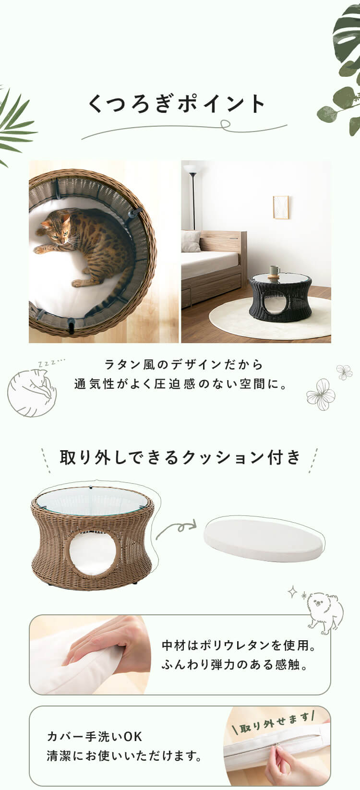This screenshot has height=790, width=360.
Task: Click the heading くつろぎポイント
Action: (177, 104)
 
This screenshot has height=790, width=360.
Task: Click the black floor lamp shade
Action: (191, 169)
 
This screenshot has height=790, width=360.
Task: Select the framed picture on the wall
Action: (280, 207)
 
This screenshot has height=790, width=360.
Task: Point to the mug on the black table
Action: (275, 272)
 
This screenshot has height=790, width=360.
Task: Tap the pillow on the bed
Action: (191, 241)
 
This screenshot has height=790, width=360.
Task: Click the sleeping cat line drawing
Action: (33, 391)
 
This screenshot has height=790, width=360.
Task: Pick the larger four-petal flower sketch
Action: (321, 394)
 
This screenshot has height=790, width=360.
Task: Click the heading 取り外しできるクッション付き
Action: (180, 457)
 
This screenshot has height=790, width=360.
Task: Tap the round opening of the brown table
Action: (93, 553)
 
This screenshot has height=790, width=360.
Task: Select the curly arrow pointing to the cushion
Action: (176, 529)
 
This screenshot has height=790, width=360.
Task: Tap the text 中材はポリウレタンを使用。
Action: (239, 646)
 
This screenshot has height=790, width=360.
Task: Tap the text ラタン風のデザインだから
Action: (184, 365)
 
